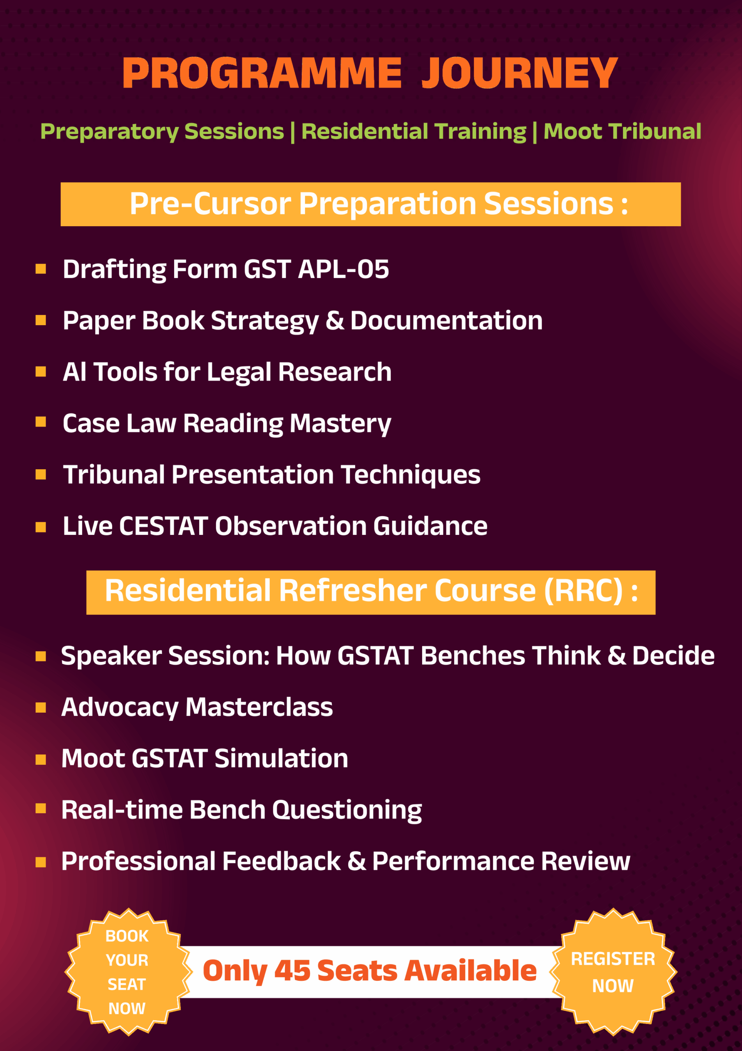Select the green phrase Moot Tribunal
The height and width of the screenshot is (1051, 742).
(622, 131)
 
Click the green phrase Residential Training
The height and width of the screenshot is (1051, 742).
(414, 131)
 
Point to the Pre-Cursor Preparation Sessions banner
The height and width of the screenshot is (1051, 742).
(371, 204)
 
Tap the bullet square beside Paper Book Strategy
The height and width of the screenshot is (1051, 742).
(41, 320)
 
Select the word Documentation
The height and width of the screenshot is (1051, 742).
(446, 320)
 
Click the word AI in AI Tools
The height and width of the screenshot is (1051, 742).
(74, 372)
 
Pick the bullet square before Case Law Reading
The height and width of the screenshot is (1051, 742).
(41, 422)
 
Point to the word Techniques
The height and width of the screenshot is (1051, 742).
(411, 475)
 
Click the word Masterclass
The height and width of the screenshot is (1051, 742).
(259, 707)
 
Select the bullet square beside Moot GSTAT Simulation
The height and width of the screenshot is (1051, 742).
(41, 760)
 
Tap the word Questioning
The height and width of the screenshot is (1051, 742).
(347, 811)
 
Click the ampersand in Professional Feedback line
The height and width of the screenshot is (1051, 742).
(356, 861)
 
